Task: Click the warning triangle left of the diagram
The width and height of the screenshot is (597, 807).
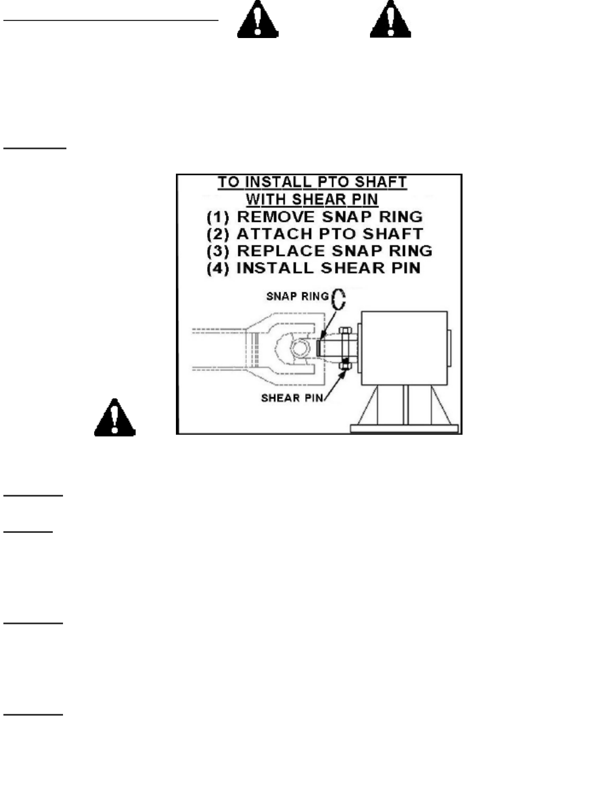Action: pos(115,418)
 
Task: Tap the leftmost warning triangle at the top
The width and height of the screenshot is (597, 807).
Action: pos(258,20)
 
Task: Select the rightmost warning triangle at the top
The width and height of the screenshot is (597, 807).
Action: pos(390,20)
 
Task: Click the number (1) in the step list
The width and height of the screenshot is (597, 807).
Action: pos(217,217)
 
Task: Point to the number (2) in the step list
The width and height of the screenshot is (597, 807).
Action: pos(217,234)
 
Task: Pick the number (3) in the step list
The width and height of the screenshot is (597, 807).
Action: pos(217,251)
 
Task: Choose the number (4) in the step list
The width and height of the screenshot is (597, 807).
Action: pos(217,268)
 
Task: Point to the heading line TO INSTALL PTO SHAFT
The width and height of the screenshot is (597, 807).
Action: pos(312,183)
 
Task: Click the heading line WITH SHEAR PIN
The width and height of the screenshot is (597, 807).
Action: pos(312,200)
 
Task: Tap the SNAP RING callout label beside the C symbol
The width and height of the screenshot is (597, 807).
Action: pos(297,296)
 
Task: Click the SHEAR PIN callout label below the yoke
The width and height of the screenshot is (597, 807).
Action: pos(292,398)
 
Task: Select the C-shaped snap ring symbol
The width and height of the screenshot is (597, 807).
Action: pos(338,299)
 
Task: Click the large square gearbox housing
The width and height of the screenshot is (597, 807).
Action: pos(405,348)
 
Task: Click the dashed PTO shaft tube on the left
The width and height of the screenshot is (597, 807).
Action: pos(218,348)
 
